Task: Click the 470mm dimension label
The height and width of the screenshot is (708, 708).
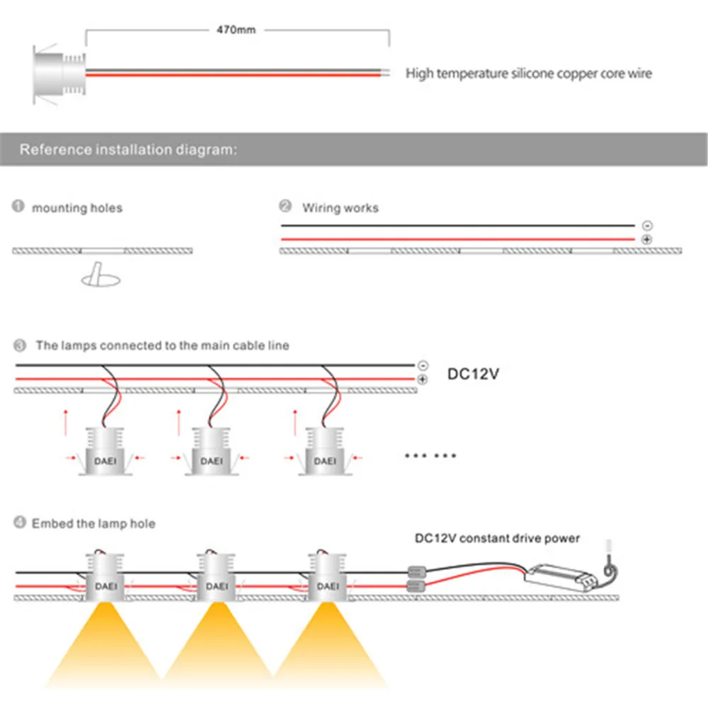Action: [x=236, y=30]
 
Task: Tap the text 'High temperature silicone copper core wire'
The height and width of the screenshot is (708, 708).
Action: [x=528, y=74]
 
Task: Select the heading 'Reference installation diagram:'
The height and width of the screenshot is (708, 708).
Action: [x=128, y=150]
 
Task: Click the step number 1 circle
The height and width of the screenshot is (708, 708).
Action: [x=18, y=207]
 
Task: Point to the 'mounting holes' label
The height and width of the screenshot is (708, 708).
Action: [x=77, y=208]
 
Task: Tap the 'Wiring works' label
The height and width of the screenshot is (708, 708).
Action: [x=340, y=208]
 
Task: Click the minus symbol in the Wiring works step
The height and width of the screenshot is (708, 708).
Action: [x=646, y=226]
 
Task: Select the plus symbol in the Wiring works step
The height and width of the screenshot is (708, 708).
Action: [x=646, y=241]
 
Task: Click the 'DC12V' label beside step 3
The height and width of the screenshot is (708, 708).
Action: [x=473, y=373]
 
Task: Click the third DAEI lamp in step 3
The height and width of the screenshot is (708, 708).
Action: [x=325, y=452]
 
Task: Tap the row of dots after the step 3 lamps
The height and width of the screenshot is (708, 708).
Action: [x=430, y=455]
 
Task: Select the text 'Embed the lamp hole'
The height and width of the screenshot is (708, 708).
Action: [x=93, y=524]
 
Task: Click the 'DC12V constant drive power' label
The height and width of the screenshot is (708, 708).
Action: [x=497, y=539]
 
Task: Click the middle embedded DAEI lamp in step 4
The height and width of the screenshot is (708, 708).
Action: [x=217, y=577]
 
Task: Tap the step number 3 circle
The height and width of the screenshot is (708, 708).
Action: [x=20, y=346]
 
